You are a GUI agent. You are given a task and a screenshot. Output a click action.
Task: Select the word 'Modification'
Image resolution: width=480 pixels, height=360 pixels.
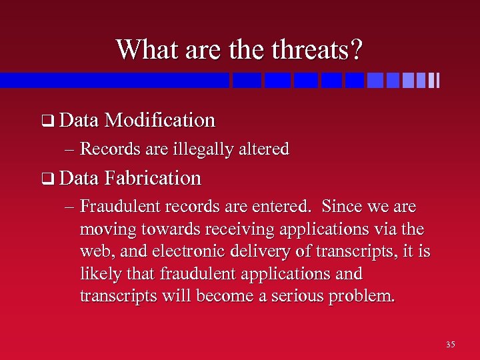160,120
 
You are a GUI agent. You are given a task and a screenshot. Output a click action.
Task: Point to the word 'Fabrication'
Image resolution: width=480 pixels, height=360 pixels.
153,178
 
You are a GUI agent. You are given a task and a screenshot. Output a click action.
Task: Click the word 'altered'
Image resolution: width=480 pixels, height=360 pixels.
265,149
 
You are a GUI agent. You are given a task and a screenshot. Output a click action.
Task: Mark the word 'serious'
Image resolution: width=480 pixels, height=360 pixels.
294,296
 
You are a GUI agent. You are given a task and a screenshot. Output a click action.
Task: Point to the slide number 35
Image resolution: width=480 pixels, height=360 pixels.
451,345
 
